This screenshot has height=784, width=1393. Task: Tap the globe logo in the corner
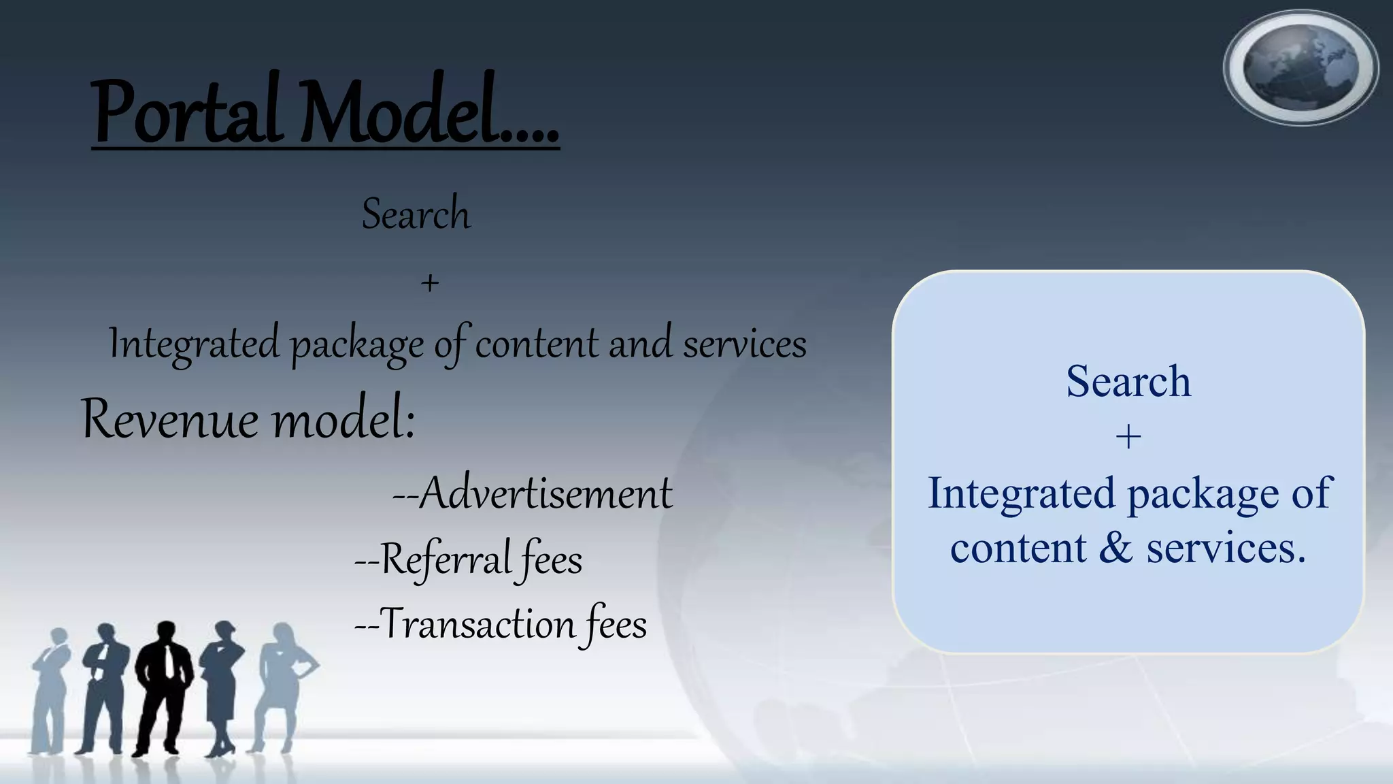click(x=1300, y=67)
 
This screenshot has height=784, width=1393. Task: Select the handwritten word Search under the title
click(x=416, y=214)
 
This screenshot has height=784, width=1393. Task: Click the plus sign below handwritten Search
click(x=429, y=282)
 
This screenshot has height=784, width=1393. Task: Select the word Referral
click(x=446, y=559)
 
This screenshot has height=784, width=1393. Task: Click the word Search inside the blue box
click(x=1128, y=380)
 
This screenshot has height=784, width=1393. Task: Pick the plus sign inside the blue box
click(x=1128, y=437)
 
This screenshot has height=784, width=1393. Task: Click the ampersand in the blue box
click(x=1115, y=548)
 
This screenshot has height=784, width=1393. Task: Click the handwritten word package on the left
click(x=358, y=344)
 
